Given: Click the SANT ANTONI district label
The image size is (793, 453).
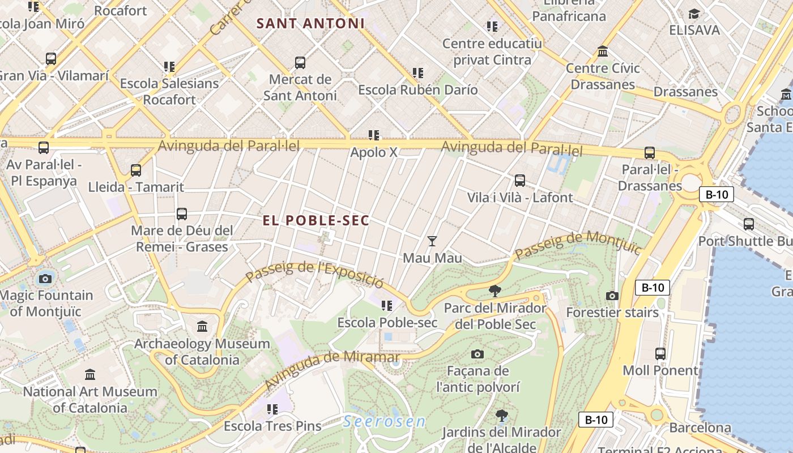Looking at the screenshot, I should coord(310,24).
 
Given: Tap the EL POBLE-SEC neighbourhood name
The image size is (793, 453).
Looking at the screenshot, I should coord(316,221).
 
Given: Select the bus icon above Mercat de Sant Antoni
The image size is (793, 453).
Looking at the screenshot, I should coord(300,63).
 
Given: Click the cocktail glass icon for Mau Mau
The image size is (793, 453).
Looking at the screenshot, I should coord(432,241).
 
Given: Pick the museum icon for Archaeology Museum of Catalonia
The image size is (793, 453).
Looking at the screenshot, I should coord(202,327).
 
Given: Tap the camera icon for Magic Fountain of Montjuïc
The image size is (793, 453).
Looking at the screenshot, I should coord(45,279).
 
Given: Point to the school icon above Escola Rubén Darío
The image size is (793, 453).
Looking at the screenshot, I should coord(418,73).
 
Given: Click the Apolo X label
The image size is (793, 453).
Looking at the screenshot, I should coord(374,152).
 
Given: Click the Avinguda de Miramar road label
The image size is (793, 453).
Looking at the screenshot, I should coord(331,369).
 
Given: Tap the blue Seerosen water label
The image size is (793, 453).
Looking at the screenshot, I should coord(385,421).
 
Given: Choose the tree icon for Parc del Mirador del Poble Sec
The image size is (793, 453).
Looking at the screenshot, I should coord(495,292).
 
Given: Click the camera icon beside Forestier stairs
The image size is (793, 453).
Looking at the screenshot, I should coord(612,296).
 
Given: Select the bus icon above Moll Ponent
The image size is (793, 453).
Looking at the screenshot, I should coord(660,354).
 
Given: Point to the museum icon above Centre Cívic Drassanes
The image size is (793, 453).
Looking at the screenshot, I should coord(603,52).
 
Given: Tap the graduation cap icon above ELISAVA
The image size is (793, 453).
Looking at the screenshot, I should coord(694,14).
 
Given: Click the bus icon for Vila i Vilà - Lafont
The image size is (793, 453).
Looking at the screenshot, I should coord(519,181).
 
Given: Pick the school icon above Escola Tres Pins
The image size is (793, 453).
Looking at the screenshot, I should coord(272,409).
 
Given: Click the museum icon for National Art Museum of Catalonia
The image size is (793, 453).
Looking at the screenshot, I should coord(90,374).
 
